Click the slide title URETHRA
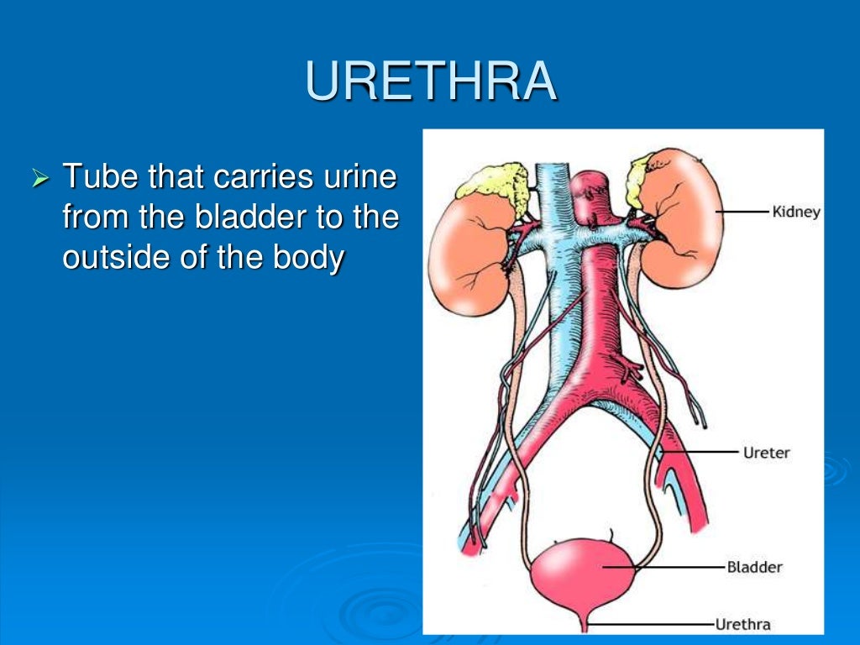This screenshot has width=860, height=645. [431, 81]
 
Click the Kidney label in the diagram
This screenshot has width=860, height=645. [795, 212]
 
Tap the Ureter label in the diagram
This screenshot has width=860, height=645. [767, 453]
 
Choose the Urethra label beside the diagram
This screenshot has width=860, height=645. [742, 624]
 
